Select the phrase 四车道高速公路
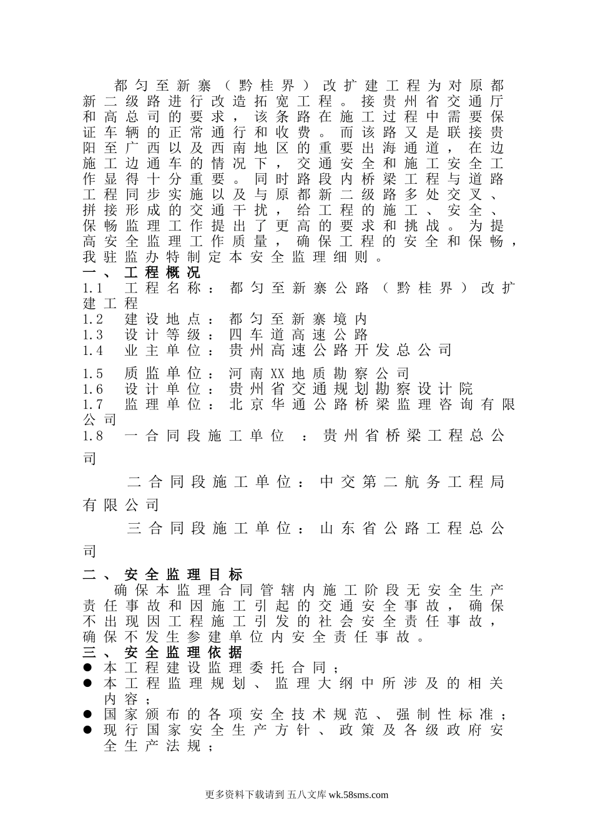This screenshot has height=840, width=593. click(299, 335)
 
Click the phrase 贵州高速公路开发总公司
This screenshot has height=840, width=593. click(341, 351)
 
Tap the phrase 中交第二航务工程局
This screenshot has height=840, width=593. click(411, 482)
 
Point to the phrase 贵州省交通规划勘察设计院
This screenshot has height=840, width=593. click(351, 389)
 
